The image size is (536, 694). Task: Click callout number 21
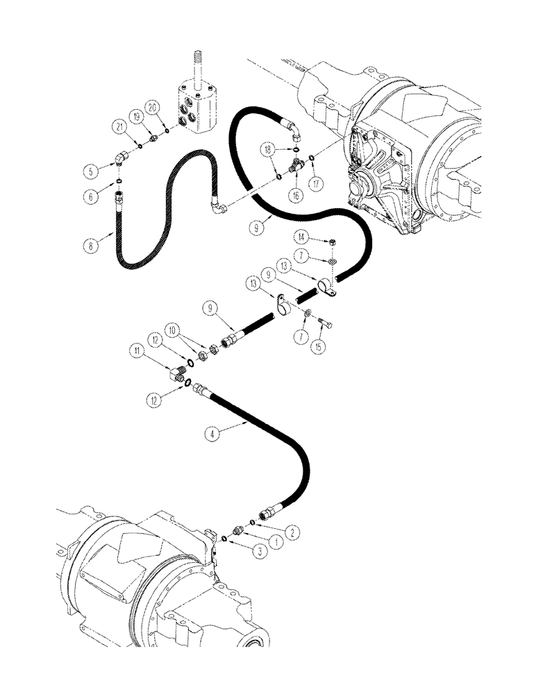(x=120, y=126)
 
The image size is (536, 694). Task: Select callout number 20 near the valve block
(x=153, y=107)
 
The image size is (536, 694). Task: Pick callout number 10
(x=172, y=327)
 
